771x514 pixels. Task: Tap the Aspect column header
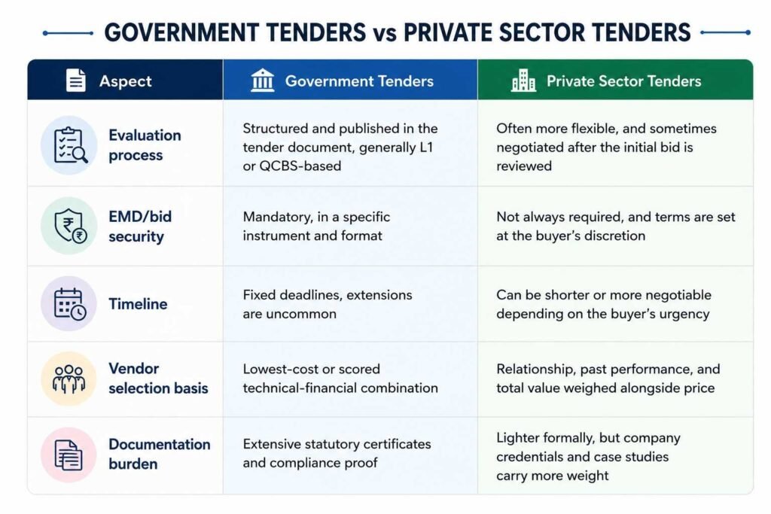coord(126,81)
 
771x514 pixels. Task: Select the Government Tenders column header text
coord(359,81)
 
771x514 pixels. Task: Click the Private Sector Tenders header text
coord(624,81)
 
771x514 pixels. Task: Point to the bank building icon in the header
coord(263,80)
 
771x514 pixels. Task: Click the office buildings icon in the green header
coord(524,80)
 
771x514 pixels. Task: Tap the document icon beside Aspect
coord(76,80)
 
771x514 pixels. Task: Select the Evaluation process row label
coord(145,145)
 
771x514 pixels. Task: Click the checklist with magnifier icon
coord(70,145)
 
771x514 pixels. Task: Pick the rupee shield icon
coord(70,226)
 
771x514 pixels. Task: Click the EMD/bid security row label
coord(140,226)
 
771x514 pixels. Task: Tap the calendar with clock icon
coord(70,304)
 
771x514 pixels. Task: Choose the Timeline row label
coord(139,304)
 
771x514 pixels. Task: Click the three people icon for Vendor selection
coord(69,379)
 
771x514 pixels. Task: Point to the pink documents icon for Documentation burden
coord(69,455)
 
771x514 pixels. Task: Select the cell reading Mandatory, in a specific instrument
coord(316,226)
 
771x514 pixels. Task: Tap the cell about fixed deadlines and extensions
coord(328,304)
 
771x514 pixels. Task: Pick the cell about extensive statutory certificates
coord(337,453)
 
